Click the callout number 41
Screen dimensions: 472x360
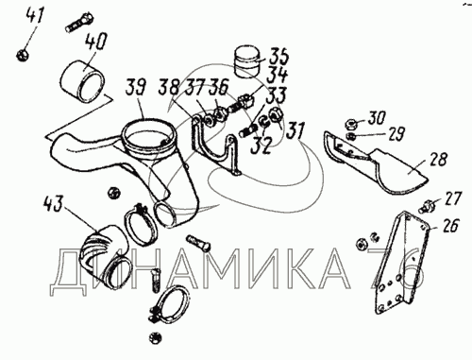pos(36,16)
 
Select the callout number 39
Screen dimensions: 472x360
pos(136,88)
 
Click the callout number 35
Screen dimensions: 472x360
pos(278,56)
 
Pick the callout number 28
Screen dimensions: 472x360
pos(438,159)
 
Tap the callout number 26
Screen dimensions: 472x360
pos(450,225)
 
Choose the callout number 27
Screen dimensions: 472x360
pos(452,198)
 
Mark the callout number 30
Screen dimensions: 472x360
pos(377,119)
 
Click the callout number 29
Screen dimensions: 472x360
pos(396,134)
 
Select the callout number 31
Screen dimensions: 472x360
pos(295,130)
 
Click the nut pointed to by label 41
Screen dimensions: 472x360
pos(23,55)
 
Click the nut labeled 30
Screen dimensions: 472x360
pos(351,124)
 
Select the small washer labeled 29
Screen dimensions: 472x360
pos(351,136)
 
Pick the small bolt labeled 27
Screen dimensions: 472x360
pos(428,206)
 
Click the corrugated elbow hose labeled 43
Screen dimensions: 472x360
pos(104,256)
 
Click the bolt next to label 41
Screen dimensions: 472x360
pos(78,22)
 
